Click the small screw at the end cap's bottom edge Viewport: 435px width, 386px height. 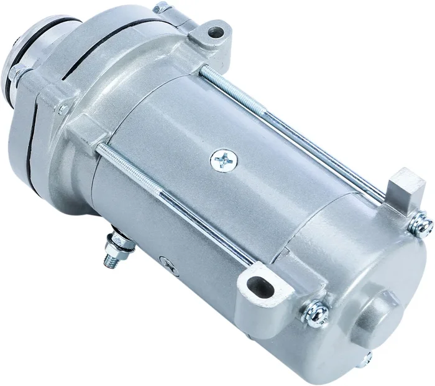367,359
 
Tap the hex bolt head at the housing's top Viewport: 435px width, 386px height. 161,9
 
